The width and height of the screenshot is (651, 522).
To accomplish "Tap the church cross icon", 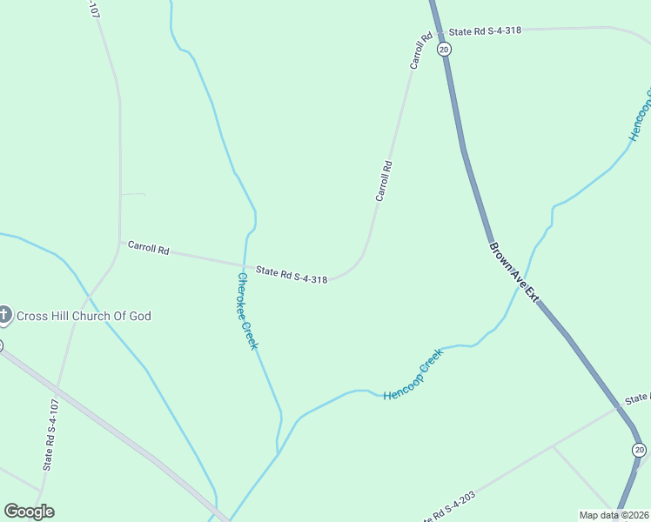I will coord(4,315).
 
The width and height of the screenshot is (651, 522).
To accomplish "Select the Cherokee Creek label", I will coord(247,311).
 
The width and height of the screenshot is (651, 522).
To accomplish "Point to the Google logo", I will coord(29,512).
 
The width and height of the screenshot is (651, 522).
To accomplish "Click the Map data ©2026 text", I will coord(614,515).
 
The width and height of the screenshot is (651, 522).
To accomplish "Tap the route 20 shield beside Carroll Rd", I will coord(444,50).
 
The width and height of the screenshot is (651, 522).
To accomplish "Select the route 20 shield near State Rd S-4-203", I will coord(640,449).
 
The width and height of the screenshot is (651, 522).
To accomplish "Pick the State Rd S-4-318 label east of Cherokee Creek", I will coord(292,275).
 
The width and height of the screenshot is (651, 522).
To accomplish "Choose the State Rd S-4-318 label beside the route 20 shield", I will coord(485,30).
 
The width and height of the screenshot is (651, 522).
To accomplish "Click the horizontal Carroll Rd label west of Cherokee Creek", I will coord(148,248).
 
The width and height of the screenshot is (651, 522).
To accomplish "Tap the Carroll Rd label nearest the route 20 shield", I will coord(421,51).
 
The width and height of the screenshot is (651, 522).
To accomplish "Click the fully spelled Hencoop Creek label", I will coord(413,374).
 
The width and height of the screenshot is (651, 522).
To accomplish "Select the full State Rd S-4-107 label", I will coord(52,435).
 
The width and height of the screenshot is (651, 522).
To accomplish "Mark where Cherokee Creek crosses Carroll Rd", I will coord(244,264).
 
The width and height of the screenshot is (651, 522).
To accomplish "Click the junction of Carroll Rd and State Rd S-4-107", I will coord(119,241).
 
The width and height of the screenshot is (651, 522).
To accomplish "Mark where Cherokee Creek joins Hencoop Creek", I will coord(279,452).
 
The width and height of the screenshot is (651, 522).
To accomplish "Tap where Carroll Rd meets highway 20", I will coord(438,31).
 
